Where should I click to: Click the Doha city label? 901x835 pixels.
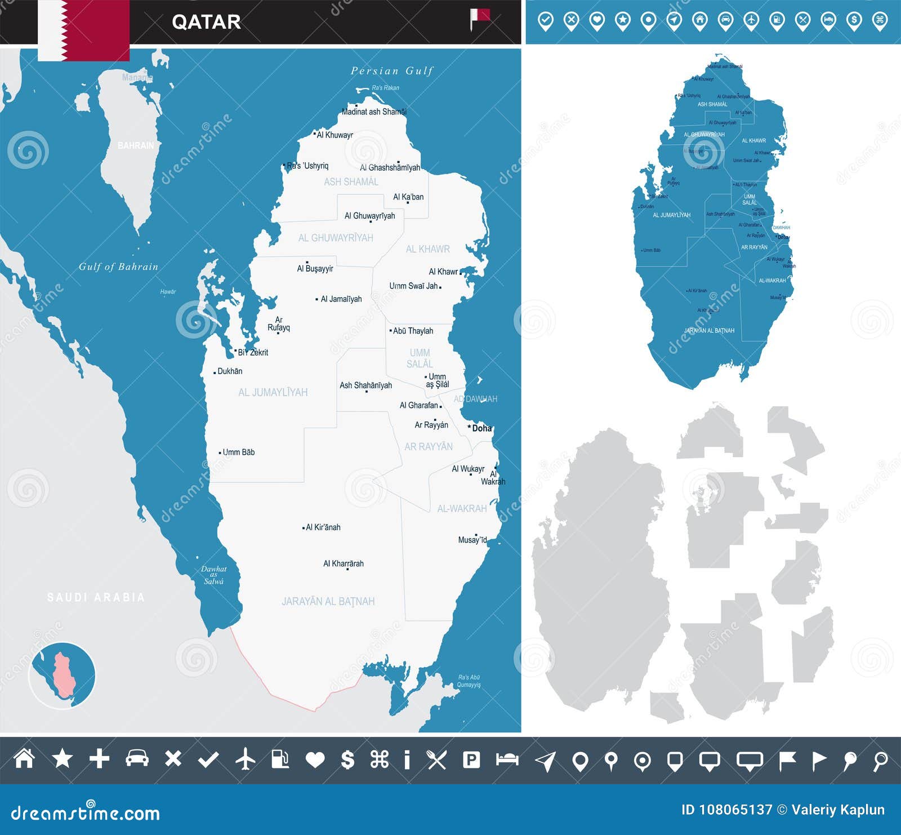[x=481, y=428]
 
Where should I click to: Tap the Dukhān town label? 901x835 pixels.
[x=230, y=371]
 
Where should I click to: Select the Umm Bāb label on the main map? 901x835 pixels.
[x=238, y=452]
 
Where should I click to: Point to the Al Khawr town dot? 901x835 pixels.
[x=461, y=273]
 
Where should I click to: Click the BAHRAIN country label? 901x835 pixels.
[x=135, y=145]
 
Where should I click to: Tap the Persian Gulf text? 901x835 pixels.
[x=392, y=71]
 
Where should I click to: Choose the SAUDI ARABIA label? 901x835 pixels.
[x=96, y=597]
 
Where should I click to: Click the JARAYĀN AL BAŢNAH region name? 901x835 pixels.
[x=328, y=602]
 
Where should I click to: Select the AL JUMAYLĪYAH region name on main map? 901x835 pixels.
[x=273, y=393]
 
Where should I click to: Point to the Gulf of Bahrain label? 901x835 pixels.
[x=118, y=267]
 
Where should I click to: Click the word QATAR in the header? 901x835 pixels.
[x=206, y=22]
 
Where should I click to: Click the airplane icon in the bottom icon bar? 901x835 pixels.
[x=246, y=760]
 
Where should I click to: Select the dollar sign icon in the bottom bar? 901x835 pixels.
[x=348, y=760]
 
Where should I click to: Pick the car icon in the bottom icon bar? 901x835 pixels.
[x=137, y=759]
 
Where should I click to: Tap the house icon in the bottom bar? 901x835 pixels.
[x=24, y=759]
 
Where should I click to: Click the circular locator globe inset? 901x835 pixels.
[x=62, y=675]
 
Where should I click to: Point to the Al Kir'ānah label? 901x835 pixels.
[x=323, y=528]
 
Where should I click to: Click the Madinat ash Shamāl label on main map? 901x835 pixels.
[x=374, y=112]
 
